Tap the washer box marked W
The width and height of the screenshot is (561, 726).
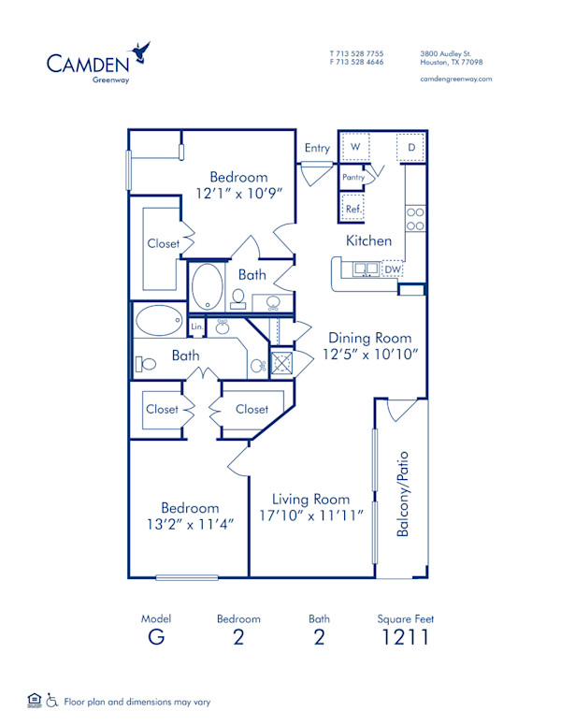point(355,147)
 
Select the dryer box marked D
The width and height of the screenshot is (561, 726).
point(410,148)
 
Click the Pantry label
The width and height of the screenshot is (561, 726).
point(353,176)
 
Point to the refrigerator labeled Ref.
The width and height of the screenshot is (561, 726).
point(353,209)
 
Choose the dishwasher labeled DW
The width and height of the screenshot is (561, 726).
point(393,270)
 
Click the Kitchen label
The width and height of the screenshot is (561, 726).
point(369,240)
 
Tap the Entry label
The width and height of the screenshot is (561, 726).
point(317,148)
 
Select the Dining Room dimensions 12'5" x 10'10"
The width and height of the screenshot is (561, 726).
point(371,355)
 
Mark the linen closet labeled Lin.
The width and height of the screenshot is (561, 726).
point(197,327)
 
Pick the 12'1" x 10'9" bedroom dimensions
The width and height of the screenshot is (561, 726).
point(238,195)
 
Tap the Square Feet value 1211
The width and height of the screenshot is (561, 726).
point(406,639)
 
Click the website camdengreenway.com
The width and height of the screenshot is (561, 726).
point(456,79)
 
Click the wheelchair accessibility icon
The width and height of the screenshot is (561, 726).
point(53,700)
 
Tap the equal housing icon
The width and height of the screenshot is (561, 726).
point(35,700)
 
